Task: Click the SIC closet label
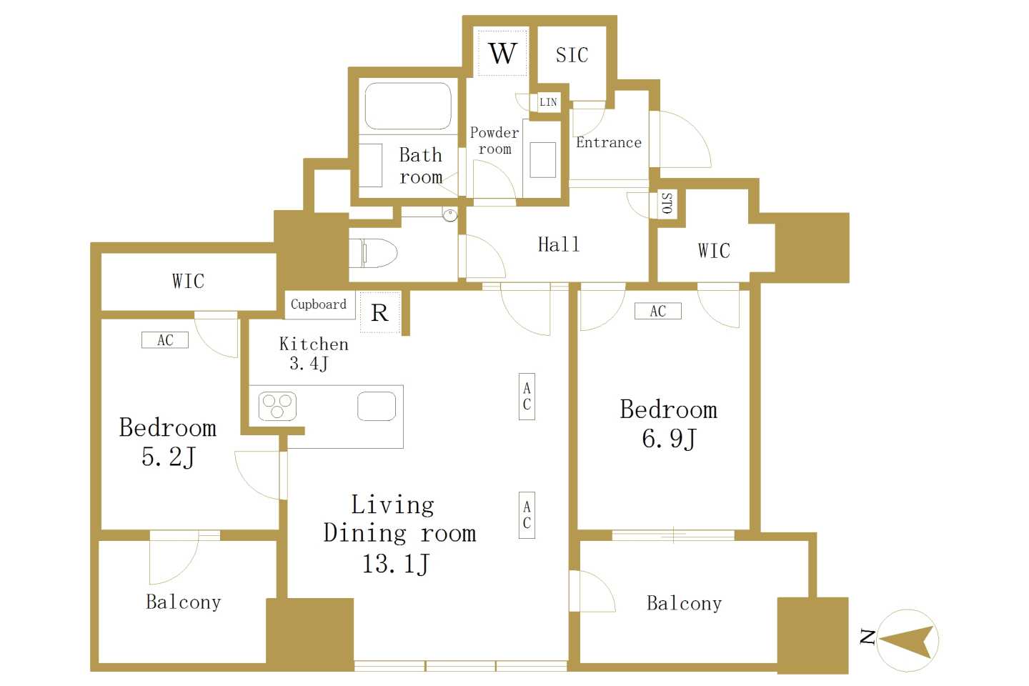click(572, 55)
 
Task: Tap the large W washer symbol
click(503, 54)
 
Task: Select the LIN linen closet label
click(548, 102)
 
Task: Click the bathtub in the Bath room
click(408, 106)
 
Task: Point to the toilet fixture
click(373, 253)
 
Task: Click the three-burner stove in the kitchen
click(277, 406)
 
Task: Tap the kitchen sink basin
click(377, 406)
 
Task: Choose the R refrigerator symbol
click(379, 313)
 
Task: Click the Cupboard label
click(319, 304)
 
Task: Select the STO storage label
click(667, 203)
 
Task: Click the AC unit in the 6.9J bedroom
click(658, 311)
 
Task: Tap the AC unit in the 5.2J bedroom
click(165, 340)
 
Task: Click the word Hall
click(559, 244)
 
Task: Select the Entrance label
click(609, 142)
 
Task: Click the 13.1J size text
click(396, 564)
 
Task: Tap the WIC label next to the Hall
click(714, 251)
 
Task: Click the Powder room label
click(494, 141)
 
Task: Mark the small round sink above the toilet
click(450, 214)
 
